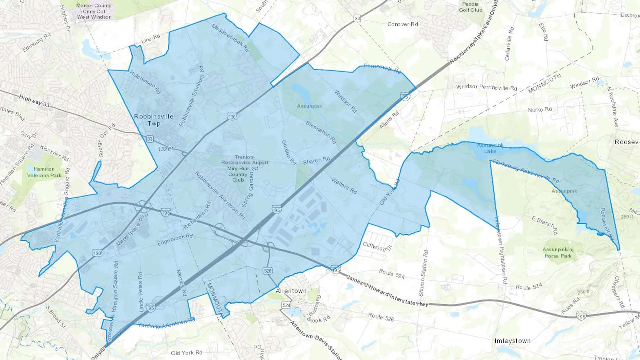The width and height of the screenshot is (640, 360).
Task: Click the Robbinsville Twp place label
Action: tap(154, 120)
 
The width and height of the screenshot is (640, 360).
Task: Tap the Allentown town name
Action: tap(291, 291)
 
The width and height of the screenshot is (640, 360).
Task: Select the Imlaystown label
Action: tap(512, 341)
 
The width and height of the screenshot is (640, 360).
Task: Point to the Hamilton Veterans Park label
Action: tap(44, 172)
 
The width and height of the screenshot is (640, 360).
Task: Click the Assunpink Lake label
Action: tap(490, 148)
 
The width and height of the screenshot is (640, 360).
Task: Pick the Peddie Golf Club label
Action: tap(470, 7)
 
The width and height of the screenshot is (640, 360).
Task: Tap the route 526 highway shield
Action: tap(268, 271)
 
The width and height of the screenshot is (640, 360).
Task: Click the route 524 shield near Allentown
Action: tap(286, 305)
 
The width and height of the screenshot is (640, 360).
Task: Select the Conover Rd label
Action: tap(402, 24)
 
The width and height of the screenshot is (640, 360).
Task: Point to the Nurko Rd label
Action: tap(540, 109)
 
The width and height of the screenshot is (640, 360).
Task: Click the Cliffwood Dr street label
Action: tap(377, 246)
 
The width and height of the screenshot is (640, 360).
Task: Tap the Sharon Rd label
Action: tap(316, 161)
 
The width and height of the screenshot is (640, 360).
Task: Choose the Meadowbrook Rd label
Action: tap(230, 38)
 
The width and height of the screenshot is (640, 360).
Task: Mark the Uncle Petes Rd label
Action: tap(140, 292)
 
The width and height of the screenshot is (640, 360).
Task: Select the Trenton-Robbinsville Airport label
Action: tap(245, 160)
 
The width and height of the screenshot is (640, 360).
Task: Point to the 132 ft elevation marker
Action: tap(165, 149)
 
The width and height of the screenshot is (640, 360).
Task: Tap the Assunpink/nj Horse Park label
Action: tap(558, 252)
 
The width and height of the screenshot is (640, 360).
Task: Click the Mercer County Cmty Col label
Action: tap(94, 11)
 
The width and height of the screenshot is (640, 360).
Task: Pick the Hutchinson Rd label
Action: tap(145, 82)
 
